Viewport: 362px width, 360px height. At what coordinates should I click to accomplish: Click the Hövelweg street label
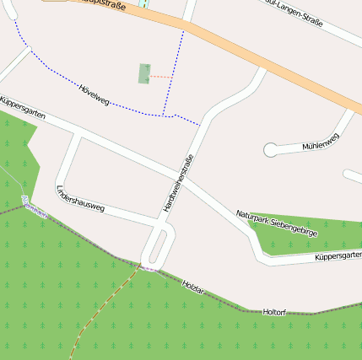94,95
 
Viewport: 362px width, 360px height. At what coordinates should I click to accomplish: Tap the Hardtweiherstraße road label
178,183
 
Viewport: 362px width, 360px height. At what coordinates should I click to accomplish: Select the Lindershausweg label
79,198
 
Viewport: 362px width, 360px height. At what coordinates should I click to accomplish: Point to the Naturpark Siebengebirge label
276,223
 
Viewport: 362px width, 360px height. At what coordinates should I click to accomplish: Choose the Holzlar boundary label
193,287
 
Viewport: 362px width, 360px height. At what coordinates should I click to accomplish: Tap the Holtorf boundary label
275,312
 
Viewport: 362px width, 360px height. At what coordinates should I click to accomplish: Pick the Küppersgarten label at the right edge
337,256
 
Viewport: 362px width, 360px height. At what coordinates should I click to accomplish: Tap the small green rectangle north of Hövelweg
144,73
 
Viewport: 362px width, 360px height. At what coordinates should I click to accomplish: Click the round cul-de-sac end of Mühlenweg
270,150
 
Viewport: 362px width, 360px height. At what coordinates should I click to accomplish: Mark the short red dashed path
161,77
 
